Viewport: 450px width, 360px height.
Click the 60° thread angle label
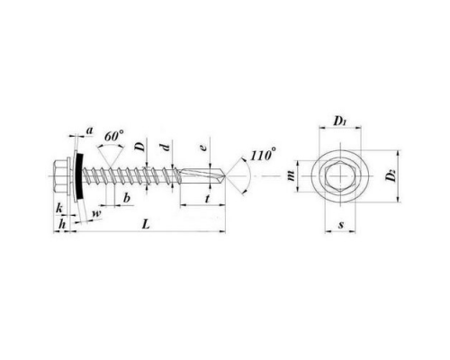coord(113,137)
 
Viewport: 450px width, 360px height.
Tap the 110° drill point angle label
coord(263,155)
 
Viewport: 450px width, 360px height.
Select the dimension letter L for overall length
coord(146,224)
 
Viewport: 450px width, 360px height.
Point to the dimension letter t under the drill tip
coord(207,198)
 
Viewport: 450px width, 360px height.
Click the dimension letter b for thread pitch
coord(127,198)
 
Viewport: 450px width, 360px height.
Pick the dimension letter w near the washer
coord(97,213)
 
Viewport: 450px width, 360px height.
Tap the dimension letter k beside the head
coord(59,208)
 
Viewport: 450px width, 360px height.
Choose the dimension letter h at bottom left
coord(62,224)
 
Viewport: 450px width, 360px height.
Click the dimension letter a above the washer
coord(90,130)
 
